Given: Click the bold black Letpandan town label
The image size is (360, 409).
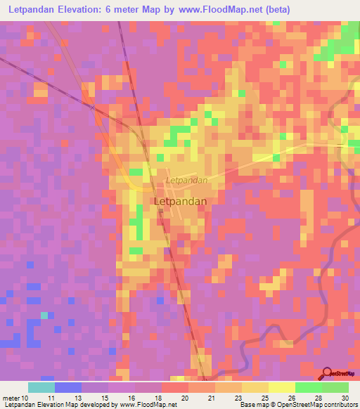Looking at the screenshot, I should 180,201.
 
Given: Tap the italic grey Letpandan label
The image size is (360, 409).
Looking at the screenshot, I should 187,181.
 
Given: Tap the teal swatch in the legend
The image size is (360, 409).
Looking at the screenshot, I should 41,387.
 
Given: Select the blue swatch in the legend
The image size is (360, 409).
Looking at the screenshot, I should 67,387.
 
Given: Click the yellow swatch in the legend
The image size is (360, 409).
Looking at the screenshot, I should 281,387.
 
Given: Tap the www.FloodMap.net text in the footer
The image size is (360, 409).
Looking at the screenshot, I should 148,405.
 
